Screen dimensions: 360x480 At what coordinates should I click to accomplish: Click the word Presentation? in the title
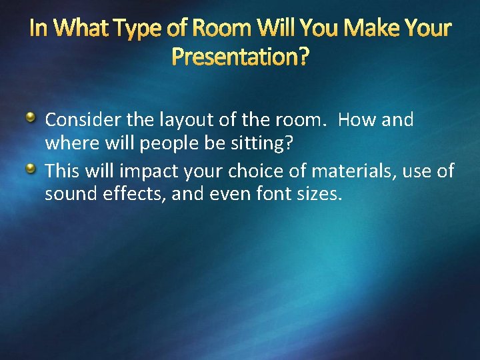240,57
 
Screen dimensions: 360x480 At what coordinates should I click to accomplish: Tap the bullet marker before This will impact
31,170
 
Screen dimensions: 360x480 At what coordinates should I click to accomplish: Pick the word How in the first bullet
355,120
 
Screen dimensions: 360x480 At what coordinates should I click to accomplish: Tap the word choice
257,171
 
